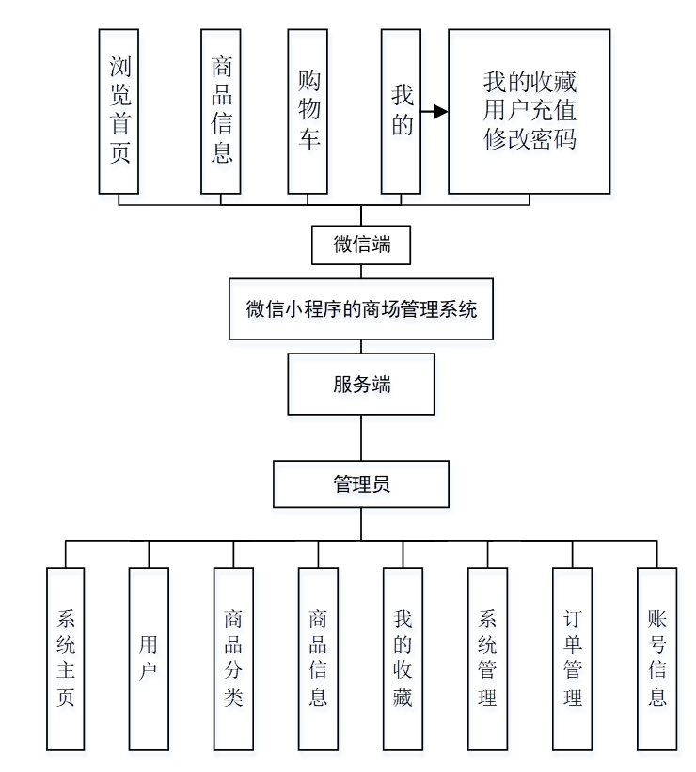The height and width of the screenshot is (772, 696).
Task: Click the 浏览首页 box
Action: (119, 111)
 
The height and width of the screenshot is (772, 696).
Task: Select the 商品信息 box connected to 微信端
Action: (221, 111)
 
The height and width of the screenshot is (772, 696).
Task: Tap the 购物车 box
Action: (308, 111)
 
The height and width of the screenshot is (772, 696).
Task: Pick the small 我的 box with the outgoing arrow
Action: (402, 111)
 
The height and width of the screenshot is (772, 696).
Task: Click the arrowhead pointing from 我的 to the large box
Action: (439, 111)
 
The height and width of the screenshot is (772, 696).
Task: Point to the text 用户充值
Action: (529, 110)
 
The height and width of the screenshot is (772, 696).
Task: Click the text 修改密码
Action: (529, 139)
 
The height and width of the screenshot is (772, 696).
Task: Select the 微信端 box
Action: (361, 244)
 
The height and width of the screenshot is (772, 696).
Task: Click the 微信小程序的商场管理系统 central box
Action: (361, 308)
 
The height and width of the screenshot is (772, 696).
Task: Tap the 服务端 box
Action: (361, 384)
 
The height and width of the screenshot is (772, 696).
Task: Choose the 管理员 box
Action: (361, 484)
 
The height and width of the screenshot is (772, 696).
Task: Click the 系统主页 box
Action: (66, 658)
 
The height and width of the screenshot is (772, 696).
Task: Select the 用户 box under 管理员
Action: (149, 658)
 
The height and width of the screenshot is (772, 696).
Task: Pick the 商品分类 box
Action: (233, 658)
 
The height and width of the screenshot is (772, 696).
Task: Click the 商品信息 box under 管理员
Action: (318, 658)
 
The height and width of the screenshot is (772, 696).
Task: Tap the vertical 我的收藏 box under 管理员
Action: (403, 658)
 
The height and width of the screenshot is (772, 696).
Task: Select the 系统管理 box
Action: (487, 658)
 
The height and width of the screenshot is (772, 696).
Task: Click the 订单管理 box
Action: (573, 658)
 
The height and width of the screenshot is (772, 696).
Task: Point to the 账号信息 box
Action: (656, 658)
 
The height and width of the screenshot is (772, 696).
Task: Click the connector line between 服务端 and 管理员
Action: (361, 437)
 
